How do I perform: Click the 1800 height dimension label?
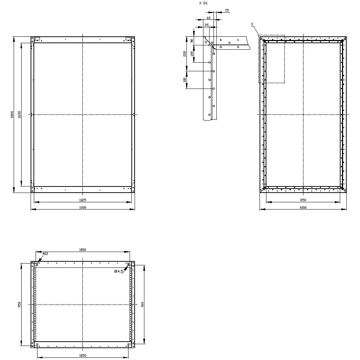[x=12, y=114]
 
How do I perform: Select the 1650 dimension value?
[x=19, y=114]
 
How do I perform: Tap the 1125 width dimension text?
[x=83, y=200]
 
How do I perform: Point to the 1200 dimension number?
[x=83, y=207]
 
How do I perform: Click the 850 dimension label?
[x=303, y=200]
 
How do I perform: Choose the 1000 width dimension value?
[x=303, y=207]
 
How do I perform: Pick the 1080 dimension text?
[x=83, y=249]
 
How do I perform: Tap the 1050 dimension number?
[x=83, y=356]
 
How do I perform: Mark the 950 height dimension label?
[x=19, y=305]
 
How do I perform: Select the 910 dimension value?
[x=143, y=305]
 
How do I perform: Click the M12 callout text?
[x=45, y=254]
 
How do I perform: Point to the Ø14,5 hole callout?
[x=119, y=271]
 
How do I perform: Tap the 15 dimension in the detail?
[x=227, y=10]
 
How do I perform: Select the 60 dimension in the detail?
[x=208, y=18]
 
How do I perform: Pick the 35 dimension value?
[x=206, y=25]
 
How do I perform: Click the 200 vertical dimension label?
[x=184, y=53]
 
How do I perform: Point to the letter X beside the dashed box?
[x=252, y=24]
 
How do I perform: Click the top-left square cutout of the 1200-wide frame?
[x=37, y=39]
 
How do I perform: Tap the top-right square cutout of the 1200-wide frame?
[x=128, y=39]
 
